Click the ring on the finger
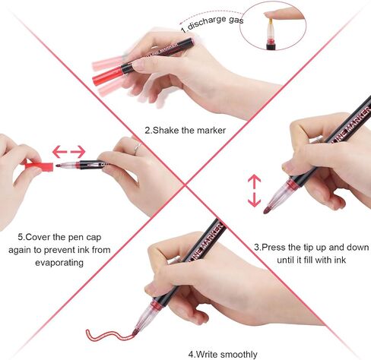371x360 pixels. point(138,147)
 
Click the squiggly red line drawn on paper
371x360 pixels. point(109,335)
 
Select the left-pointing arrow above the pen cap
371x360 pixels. point(59,151)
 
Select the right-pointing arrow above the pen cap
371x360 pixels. point(78,151)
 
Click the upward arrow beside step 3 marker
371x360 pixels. point(254,182)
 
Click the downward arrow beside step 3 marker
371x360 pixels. point(254,200)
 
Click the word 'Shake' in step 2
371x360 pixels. point(166,131)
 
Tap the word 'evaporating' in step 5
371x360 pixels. point(59,263)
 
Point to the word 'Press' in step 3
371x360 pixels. point(274,248)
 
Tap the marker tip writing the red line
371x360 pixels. point(135,332)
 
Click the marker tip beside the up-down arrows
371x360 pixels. point(266,210)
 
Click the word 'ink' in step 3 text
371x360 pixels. point(340,260)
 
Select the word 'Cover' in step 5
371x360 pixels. point(38,237)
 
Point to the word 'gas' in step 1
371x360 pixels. point(236,20)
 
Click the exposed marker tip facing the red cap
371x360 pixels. point(59,166)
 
